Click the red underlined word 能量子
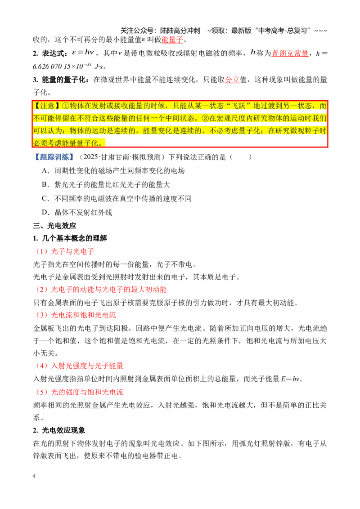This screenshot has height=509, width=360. click(x=172, y=40)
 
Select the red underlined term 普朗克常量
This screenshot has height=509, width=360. click(x=290, y=53)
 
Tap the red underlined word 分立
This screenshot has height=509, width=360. click(x=232, y=80)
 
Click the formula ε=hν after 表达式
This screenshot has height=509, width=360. click(x=83, y=53)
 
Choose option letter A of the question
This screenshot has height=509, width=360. click(x=45, y=171)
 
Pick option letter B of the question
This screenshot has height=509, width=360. click(x=45, y=185)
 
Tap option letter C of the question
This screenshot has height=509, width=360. click(x=45, y=199)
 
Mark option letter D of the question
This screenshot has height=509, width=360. click(x=45, y=213)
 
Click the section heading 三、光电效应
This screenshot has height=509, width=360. click(x=54, y=226)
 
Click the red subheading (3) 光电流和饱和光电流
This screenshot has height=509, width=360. click(x=76, y=315)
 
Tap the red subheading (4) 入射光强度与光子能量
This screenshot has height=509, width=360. click(x=79, y=366)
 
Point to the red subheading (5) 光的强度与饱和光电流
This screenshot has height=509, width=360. click(x=79, y=392)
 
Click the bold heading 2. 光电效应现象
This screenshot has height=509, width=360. click(x=59, y=430)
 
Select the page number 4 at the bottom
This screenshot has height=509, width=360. click(x=34, y=476)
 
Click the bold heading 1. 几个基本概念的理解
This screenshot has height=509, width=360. click(x=70, y=238)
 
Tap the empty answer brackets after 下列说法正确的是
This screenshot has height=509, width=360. click(x=241, y=157)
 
